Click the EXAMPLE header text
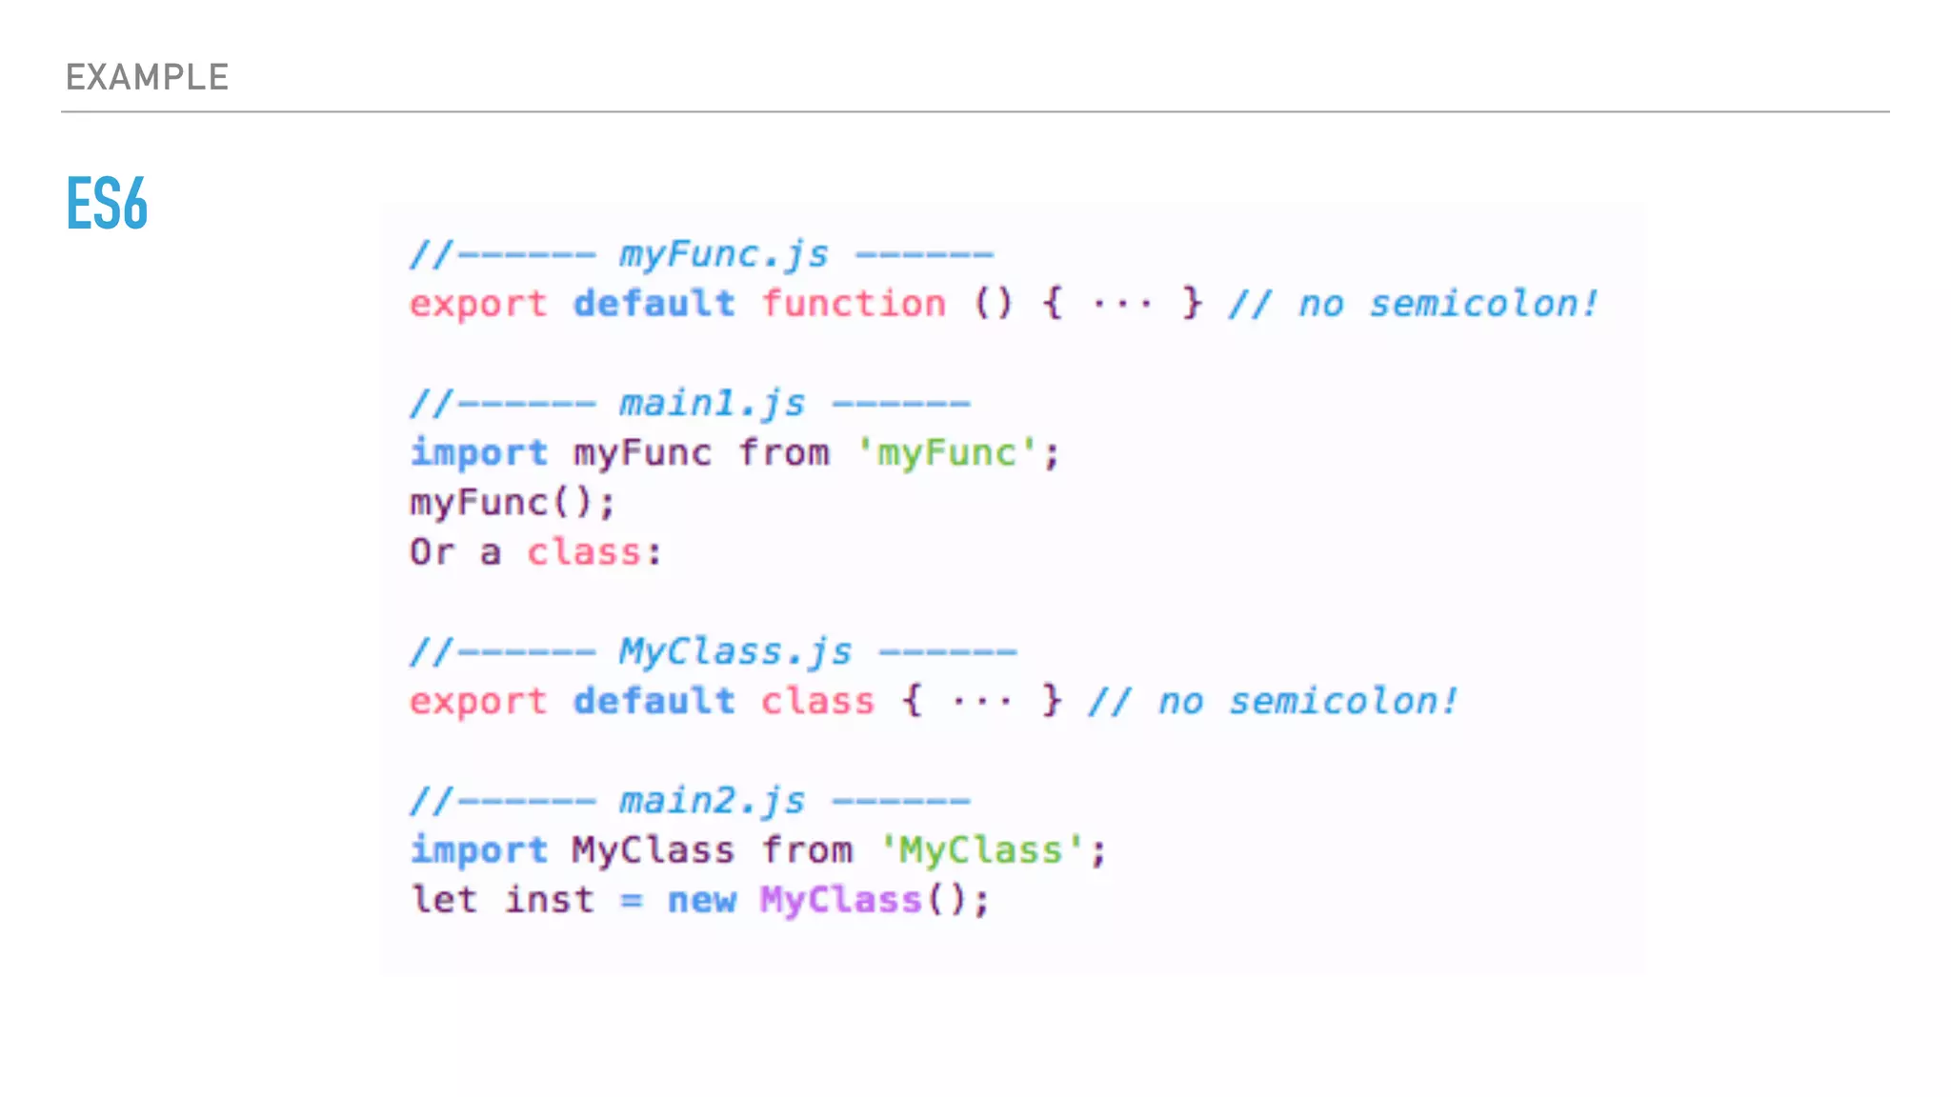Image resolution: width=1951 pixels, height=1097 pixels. click(147, 77)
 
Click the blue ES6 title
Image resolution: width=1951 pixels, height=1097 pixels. click(107, 203)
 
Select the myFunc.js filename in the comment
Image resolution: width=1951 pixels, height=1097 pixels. click(724, 255)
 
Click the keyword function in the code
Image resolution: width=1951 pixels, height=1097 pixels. click(854, 304)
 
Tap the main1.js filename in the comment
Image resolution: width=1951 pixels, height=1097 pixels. click(713, 404)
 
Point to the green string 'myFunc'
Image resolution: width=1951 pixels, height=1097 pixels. click(946, 453)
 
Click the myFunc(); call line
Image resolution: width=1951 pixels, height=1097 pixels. click(513, 502)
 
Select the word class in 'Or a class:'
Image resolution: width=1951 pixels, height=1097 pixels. click(584, 552)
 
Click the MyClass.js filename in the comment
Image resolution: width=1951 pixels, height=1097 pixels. click(735, 652)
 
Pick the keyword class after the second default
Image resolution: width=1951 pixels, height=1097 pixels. click(817, 702)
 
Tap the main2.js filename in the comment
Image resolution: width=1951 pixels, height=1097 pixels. click(713, 801)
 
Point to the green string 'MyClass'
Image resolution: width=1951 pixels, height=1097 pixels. click(981, 850)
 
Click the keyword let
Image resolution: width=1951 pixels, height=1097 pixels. click(444, 900)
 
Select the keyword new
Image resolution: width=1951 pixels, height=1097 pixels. click(702, 900)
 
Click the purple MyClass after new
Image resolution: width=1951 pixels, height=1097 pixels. click(840, 900)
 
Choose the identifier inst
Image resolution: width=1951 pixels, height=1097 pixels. click(549, 900)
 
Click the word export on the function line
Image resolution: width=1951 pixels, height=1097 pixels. click(478, 304)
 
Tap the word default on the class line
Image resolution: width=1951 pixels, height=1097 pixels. click(654, 702)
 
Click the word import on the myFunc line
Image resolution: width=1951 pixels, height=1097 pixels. click(478, 453)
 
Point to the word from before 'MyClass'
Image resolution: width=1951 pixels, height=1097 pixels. click(807, 850)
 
